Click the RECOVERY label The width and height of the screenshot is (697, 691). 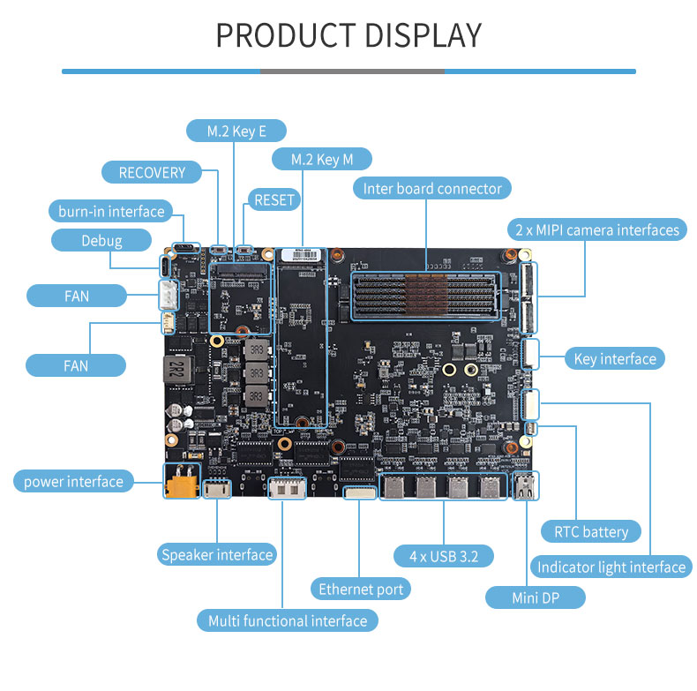click(x=152, y=172)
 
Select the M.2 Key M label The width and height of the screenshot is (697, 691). click(x=321, y=159)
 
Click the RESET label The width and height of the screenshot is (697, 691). click(x=274, y=200)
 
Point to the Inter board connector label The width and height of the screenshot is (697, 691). click(x=432, y=188)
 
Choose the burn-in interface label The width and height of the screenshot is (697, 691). click(x=111, y=211)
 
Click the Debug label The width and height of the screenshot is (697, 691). click(x=101, y=240)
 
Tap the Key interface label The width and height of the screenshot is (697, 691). click(x=615, y=358)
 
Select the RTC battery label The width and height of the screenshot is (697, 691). click(x=591, y=531)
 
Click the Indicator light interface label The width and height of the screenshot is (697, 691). click(x=611, y=567)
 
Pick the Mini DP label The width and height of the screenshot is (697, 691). click(x=536, y=597)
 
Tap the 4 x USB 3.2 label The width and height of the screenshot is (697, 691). click(x=443, y=556)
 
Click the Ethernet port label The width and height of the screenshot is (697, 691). click(x=361, y=589)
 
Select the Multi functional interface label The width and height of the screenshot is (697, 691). click(x=288, y=620)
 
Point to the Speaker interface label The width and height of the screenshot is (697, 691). click(x=216, y=554)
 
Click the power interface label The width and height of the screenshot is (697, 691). click(x=73, y=481)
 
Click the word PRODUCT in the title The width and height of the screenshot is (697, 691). click(x=283, y=35)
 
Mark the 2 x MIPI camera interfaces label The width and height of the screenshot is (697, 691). click(x=598, y=229)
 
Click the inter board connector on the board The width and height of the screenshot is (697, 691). click(x=426, y=295)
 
